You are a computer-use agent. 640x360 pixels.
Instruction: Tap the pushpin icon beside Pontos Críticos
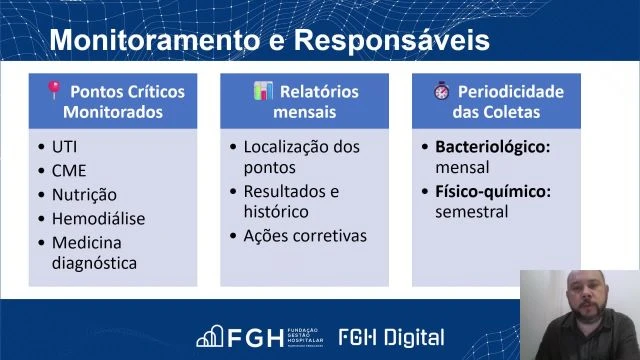pos(55,91)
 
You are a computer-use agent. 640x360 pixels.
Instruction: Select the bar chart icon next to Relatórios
pos(263,91)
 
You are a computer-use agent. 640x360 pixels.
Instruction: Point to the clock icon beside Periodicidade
pos(442,91)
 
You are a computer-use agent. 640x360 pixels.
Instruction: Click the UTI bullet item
pos(64,146)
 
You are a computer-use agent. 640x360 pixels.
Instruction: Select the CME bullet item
pos(68,170)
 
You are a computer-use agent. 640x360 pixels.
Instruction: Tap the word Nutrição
pos(84,194)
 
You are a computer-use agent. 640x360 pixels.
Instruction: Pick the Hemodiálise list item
pos(98,218)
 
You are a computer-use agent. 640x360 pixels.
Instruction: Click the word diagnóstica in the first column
pos(94,263)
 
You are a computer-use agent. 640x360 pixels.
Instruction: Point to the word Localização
pos(287,146)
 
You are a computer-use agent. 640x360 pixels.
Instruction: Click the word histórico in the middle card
pos(276,212)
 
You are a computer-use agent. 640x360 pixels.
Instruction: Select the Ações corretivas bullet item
pos(305,236)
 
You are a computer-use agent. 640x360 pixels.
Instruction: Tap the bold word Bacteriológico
pos(492,146)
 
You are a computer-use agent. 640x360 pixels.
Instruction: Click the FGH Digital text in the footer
pos(391,337)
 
